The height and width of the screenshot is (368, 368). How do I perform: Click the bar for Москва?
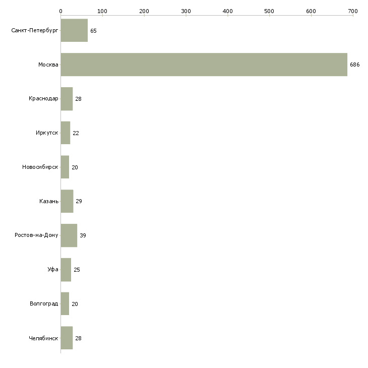204,65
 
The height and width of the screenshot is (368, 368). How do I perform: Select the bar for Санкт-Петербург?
74,30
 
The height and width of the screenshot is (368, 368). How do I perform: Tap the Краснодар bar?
67,99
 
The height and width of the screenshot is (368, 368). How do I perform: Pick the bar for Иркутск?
66,133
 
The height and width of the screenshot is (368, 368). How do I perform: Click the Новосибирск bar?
65,167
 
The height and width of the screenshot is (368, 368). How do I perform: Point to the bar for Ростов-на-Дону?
69,235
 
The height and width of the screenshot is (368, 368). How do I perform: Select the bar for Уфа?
66,270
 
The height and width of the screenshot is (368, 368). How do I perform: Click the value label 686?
354,65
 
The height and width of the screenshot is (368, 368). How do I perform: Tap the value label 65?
93,31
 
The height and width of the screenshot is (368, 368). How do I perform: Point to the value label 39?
83,235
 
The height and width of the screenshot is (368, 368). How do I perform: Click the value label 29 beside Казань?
79,201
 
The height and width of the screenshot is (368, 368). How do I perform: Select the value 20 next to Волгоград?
75,304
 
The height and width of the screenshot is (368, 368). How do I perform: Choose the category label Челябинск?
43,338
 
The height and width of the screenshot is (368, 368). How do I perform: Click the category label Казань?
49,201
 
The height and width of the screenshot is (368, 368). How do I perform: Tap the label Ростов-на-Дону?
36,235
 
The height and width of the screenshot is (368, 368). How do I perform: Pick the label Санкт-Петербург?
35,31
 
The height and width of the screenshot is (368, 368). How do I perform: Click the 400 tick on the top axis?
228,11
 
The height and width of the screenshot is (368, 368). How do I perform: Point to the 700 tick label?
353,11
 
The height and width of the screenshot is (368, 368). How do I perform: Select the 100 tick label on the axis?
102,11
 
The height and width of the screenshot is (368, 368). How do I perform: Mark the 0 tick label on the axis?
61,11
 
